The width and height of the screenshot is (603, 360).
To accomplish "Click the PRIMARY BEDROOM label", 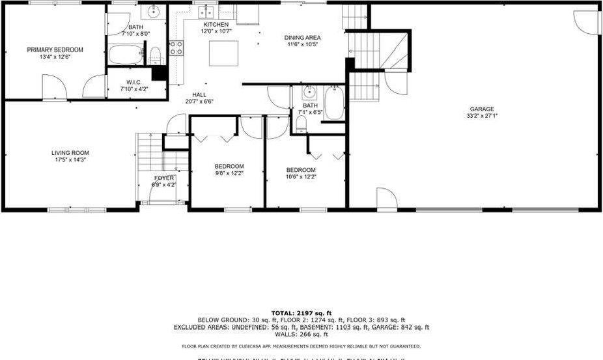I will [55, 49].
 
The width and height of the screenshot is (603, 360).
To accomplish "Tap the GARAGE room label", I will [482, 109].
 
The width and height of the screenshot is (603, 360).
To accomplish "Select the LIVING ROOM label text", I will [70, 154].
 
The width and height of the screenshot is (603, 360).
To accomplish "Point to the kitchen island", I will [223, 53].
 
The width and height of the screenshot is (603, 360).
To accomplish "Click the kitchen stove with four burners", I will [176, 48].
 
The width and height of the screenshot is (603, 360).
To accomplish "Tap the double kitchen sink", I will [207, 12].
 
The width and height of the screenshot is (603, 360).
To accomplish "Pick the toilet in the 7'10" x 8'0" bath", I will [156, 55].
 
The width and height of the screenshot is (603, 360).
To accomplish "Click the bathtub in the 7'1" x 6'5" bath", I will [334, 104].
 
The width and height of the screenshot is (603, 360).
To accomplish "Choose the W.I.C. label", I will [135, 82].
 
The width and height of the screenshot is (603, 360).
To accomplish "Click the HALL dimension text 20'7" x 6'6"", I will [199, 102].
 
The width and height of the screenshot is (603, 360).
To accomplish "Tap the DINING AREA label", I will [302, 38].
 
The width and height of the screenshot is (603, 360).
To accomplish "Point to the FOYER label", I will [163, 178].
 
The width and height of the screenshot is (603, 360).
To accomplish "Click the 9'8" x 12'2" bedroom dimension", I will [229, 173].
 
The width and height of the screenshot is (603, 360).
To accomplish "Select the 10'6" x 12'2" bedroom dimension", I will [301, 177].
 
